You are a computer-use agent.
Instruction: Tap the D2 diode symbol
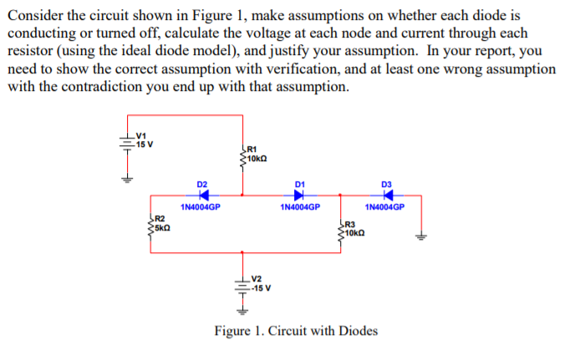click(202, 195)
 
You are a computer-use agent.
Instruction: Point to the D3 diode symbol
click(386, 195)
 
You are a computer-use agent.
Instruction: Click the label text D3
click(386, 183)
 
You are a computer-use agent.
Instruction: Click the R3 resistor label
click(350, 224)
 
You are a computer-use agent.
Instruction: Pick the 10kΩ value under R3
click(356, 232)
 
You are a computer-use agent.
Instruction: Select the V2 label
click(257, 278)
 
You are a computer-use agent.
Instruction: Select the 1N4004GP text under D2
click(201, 206)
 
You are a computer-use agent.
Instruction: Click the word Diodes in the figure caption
click(358, 331)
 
